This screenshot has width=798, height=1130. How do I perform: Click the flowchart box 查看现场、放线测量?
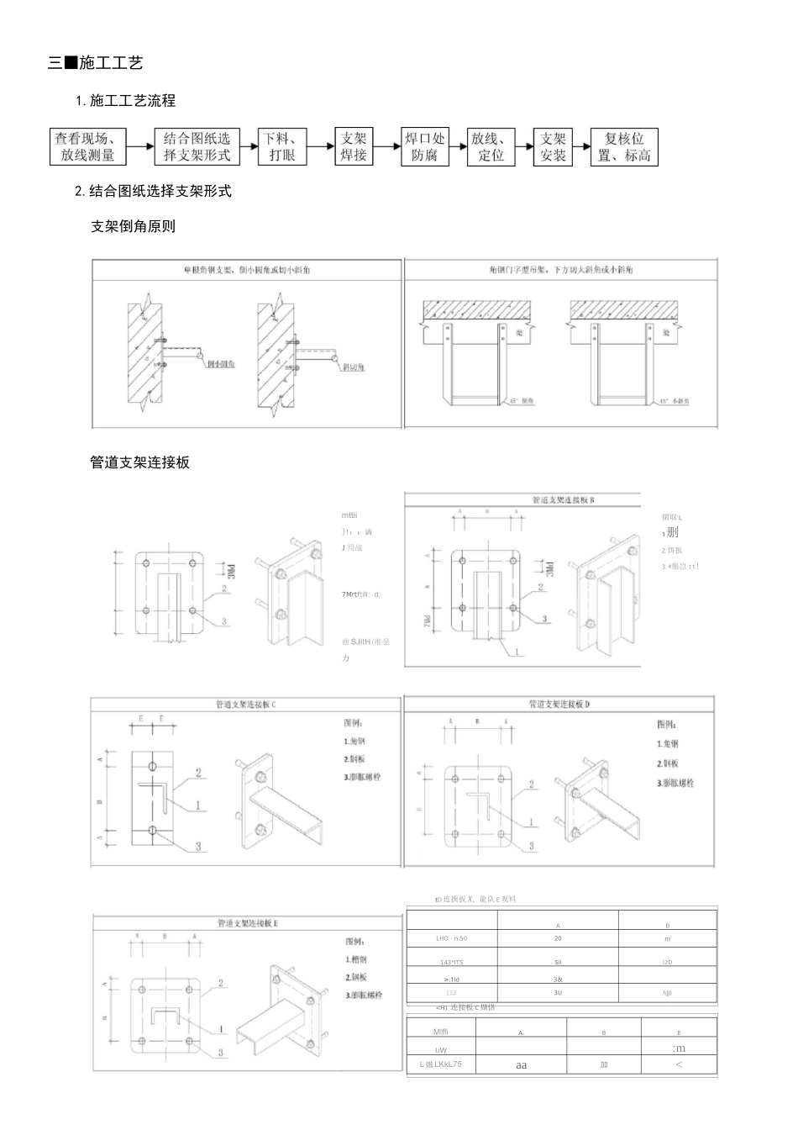coord(87,146)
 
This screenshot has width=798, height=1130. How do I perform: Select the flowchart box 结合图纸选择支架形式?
coord(197,146)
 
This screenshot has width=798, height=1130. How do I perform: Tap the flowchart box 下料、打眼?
coord(282,146)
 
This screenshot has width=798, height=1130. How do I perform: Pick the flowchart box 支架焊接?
coord(354,146)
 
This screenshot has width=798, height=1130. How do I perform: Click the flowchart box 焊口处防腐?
coord(424,146)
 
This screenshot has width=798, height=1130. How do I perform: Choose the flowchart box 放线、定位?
coord(491,146)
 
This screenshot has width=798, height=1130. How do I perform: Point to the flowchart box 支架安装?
coord(553,146)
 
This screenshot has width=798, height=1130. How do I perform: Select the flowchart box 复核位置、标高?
coord(624,146)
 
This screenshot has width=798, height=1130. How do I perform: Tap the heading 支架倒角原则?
coord(133,226)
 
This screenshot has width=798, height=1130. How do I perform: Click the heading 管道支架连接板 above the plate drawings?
coord(139,462)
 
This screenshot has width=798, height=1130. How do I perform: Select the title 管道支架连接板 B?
coord(564,499)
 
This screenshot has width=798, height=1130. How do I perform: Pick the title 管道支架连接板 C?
coord(245,705)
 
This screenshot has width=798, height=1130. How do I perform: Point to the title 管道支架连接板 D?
coord(559,704)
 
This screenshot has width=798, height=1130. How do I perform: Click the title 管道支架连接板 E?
coord(248,923)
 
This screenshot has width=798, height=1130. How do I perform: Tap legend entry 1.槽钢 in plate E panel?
coord(355,959)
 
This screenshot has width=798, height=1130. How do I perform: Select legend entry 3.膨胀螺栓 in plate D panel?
coord(675,784)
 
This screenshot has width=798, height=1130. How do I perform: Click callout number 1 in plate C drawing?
coord(198,805)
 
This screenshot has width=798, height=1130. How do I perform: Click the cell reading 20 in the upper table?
coord(558,938)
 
